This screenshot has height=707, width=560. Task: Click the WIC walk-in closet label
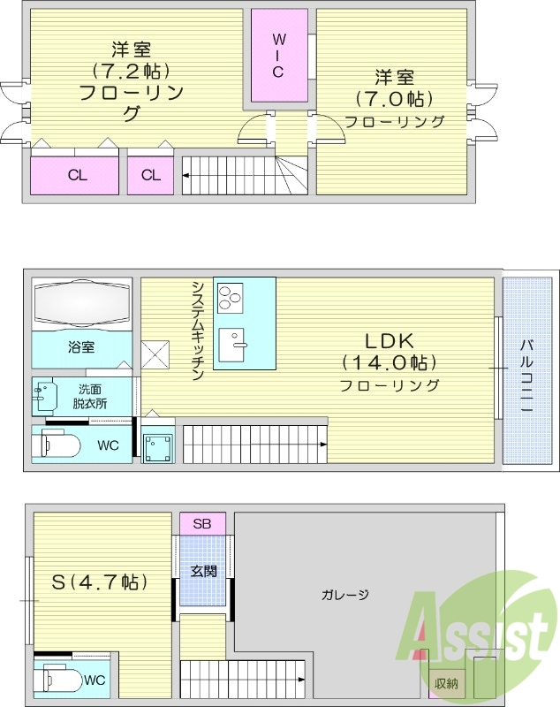coord(278,56)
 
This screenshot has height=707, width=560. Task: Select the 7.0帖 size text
coord(395,98)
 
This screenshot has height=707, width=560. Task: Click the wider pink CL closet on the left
coord(76,175)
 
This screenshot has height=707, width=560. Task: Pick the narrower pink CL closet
coord(151,175)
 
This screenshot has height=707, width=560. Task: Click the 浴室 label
coord(81,347)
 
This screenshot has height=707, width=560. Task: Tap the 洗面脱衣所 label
coord(90,396)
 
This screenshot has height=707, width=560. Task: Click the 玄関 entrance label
coord(203,571)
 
